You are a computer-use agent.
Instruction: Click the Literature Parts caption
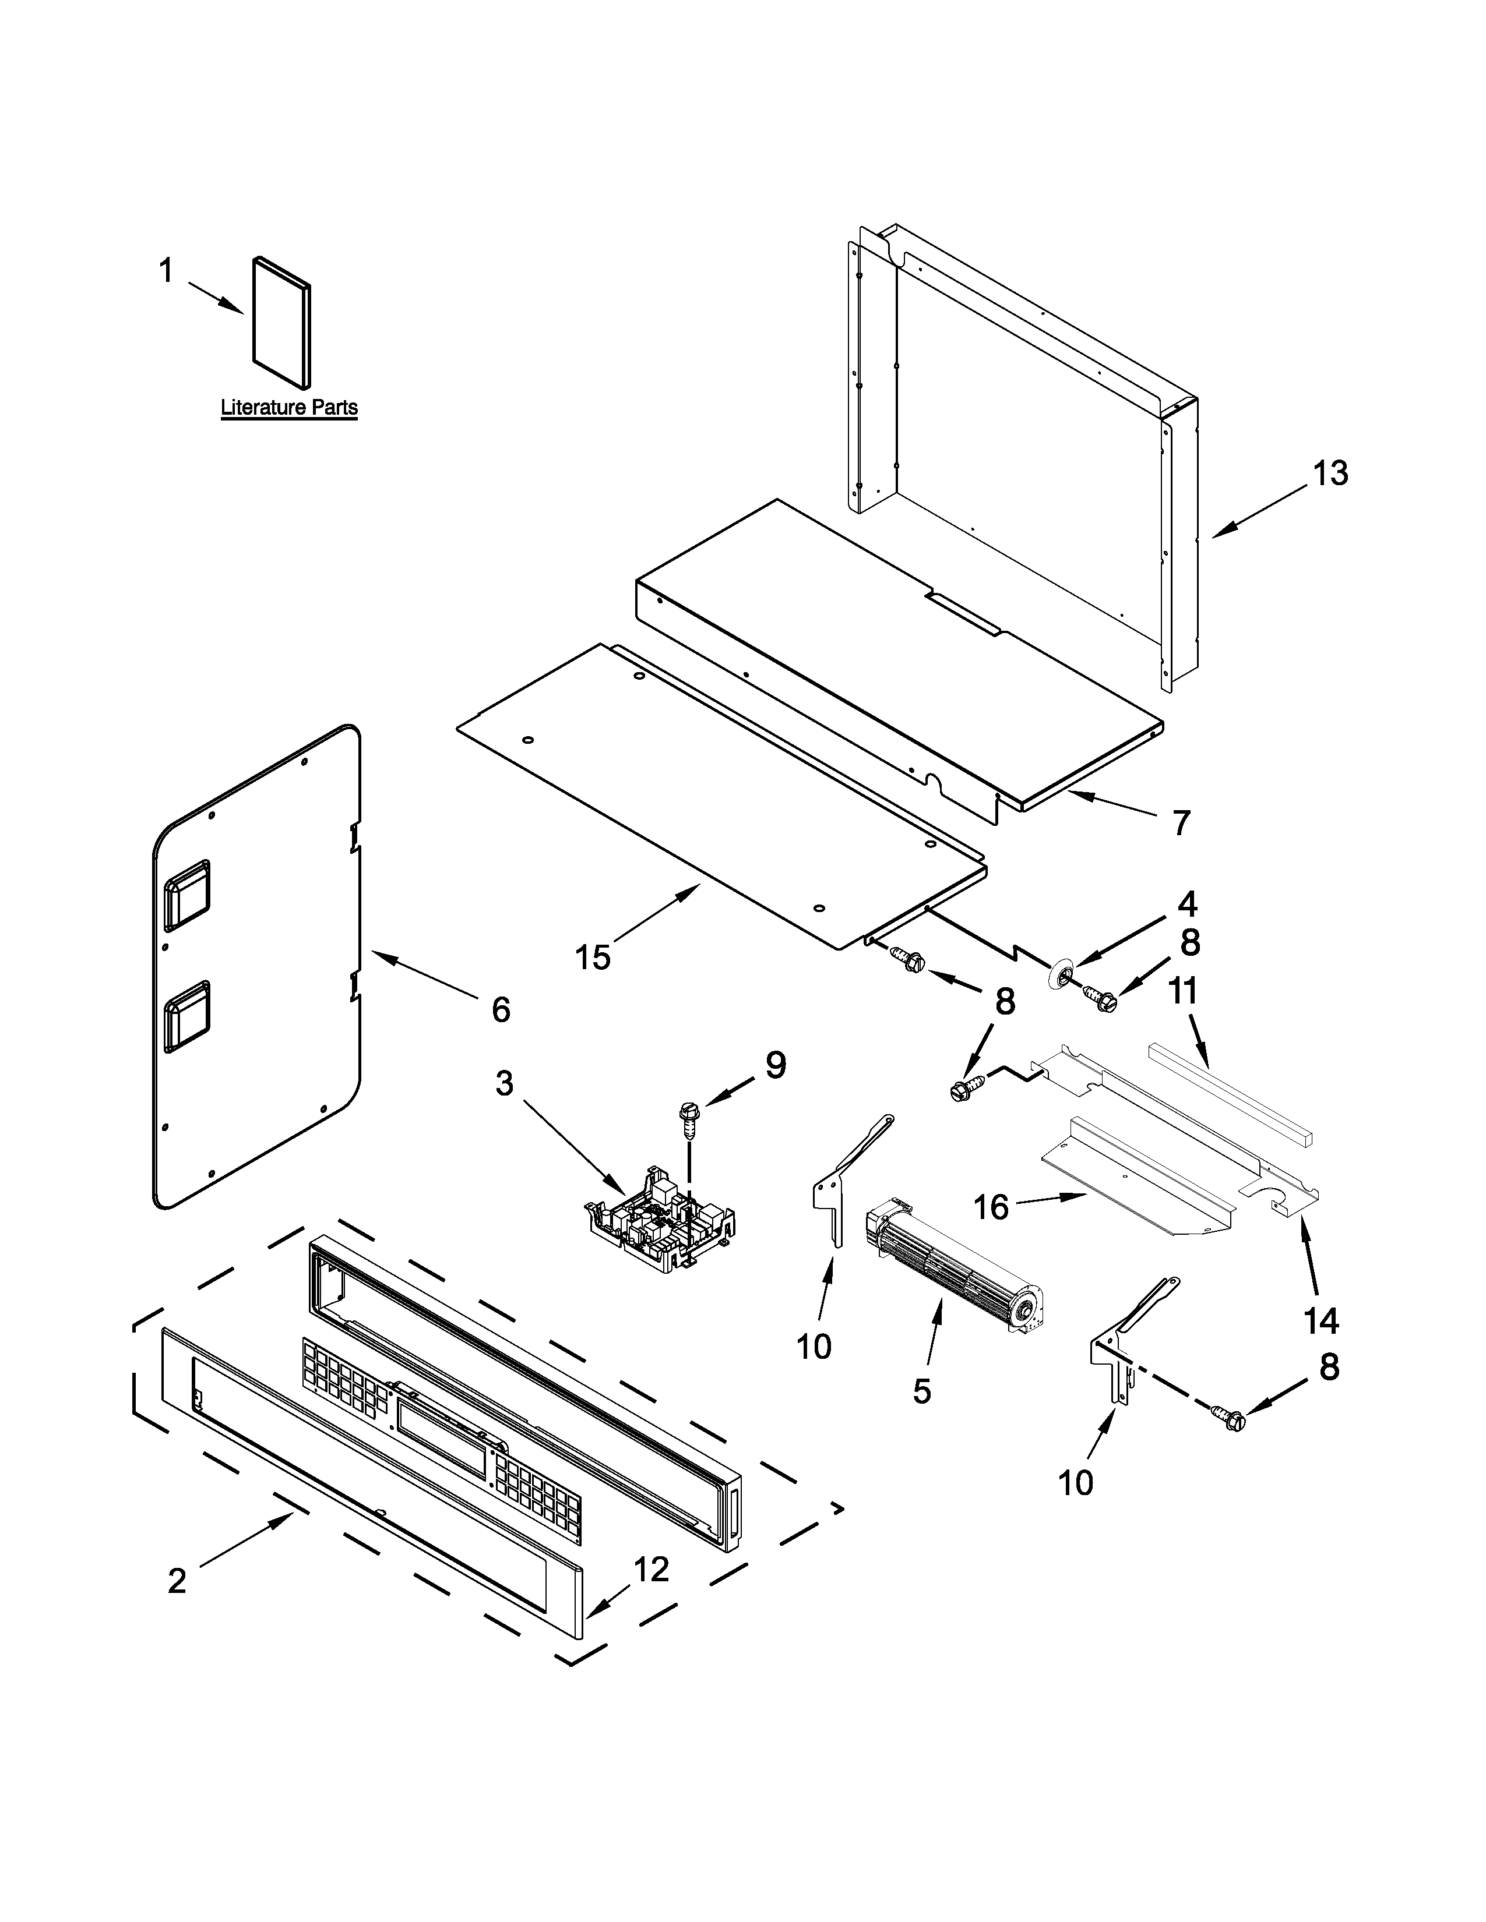(288, 408)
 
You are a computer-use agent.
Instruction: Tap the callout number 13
(1330, 474)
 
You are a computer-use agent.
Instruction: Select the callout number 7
(1181, 823)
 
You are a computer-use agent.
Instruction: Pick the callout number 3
(503, 1083)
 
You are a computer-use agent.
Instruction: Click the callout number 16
(991, 1207)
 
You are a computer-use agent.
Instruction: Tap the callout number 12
(652, 1569)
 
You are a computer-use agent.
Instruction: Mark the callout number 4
(1188, 905)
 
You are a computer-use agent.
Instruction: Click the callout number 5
(922, 1391)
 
